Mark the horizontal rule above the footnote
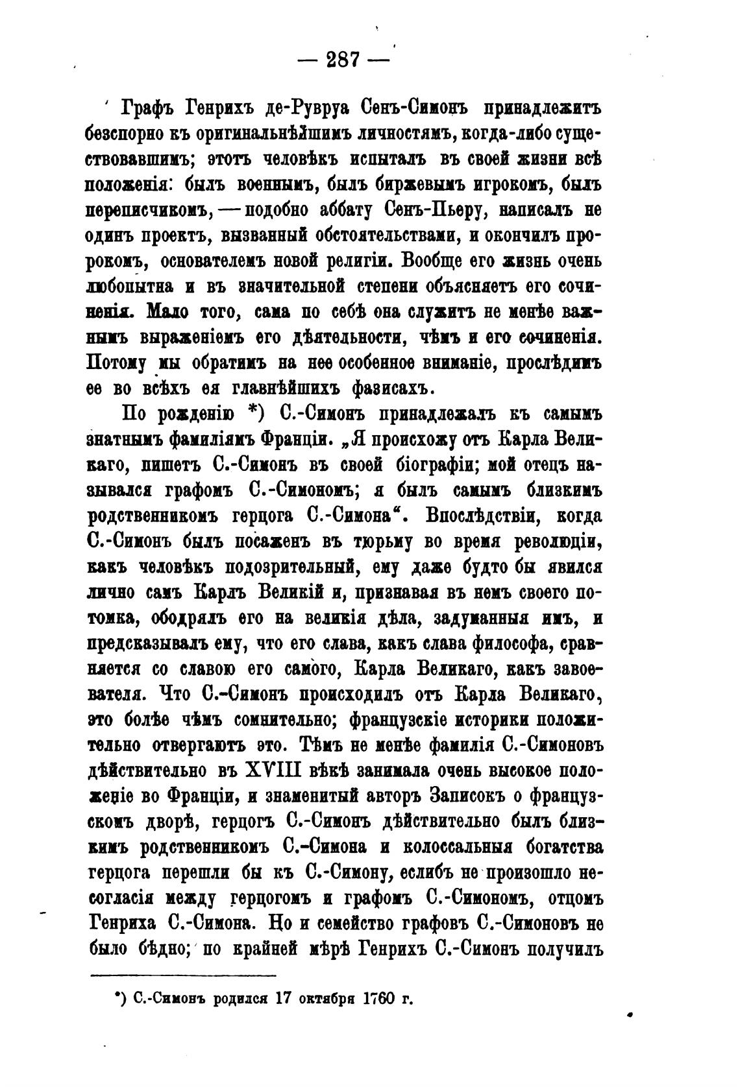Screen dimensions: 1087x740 [183, 975]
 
